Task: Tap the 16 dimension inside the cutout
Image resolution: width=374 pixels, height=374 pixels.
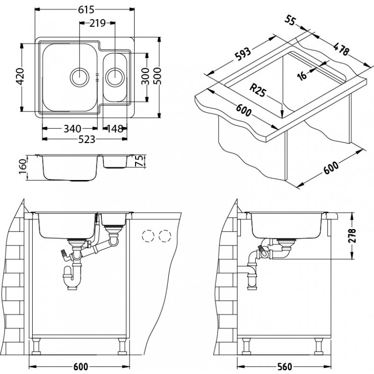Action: (302, 75)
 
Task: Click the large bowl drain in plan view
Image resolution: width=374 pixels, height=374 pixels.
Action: (79, 76)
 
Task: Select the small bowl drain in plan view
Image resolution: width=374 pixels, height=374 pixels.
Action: (115, 76)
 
